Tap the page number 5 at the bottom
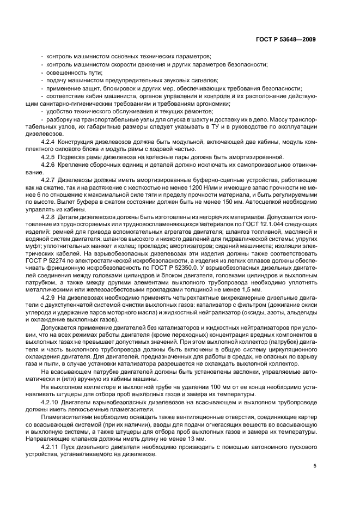[x=315, y=466]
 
